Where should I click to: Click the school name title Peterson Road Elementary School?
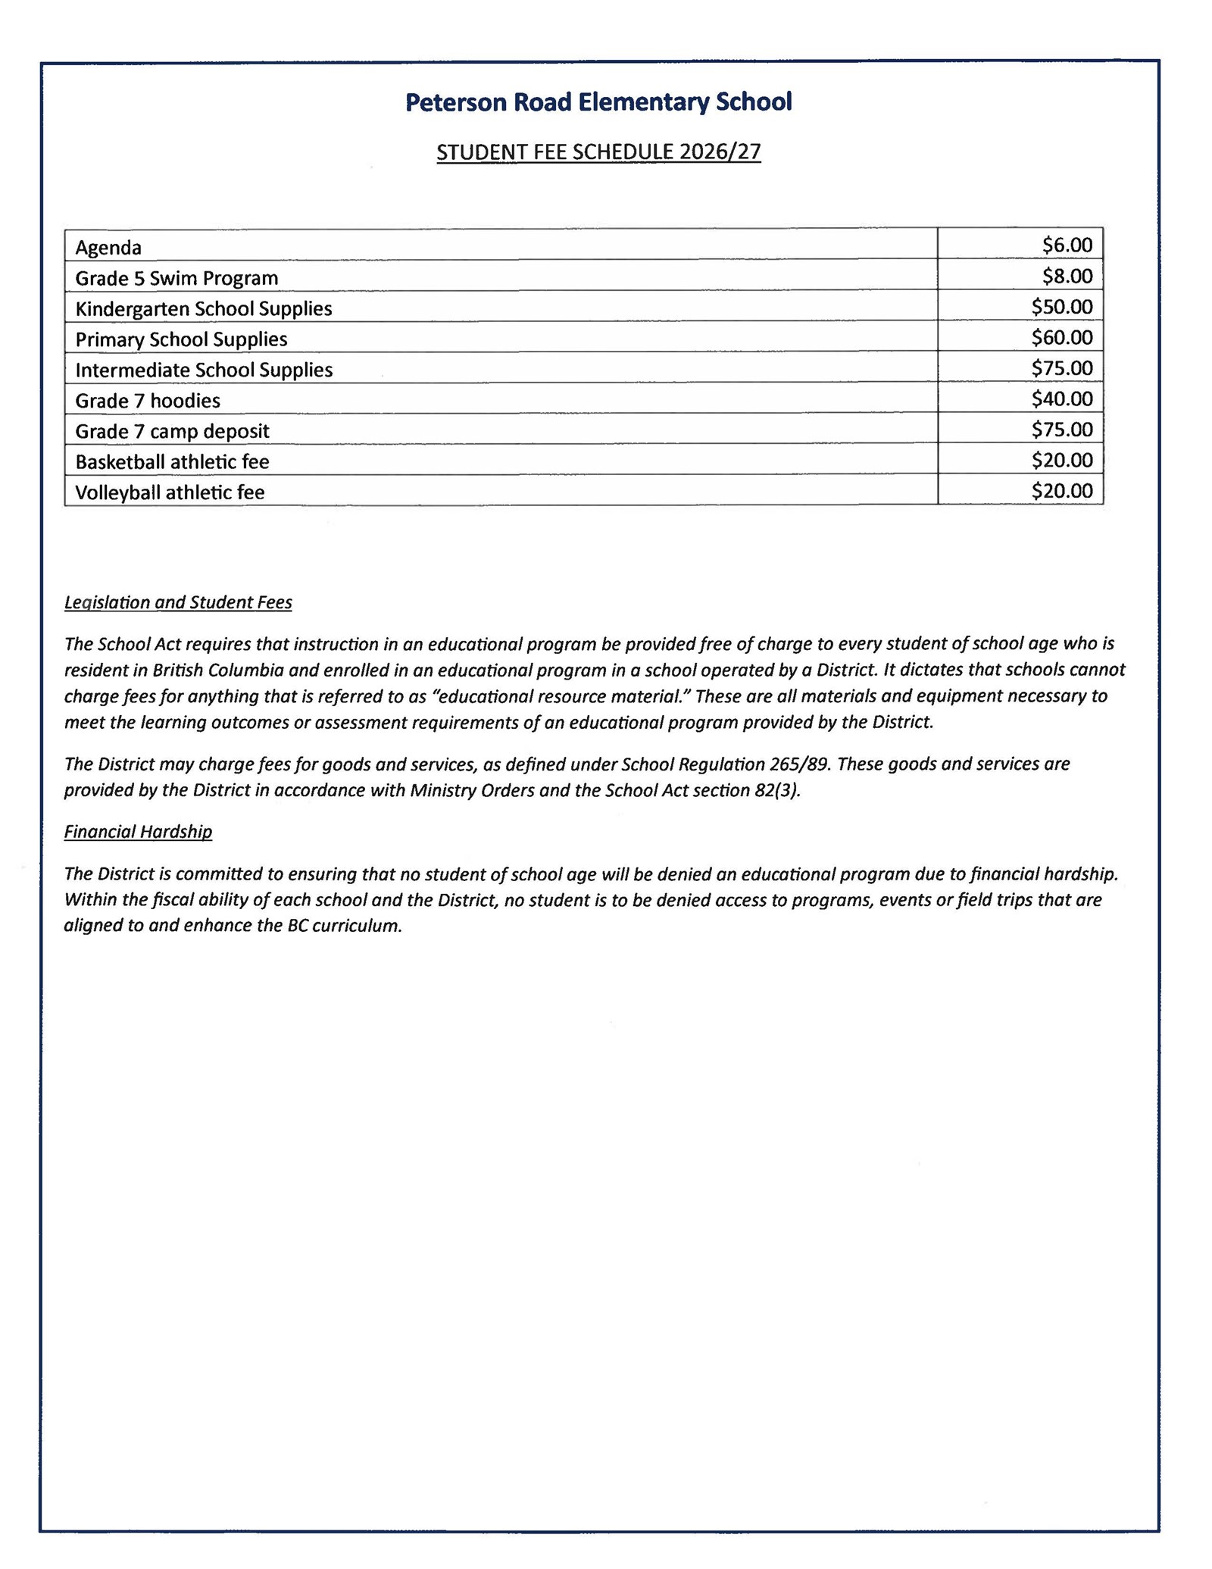coord(598,102)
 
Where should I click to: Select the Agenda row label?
coord(108,248)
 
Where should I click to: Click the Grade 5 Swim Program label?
coord(176,278)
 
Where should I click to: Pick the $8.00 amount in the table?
coord(1067,276)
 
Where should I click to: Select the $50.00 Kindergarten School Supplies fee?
coord(1061,307)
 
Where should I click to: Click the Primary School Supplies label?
coord(181,339)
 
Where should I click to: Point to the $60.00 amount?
coord(1061,337)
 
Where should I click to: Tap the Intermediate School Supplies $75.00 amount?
coord(1061,368)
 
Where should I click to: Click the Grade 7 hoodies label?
coord(148,401)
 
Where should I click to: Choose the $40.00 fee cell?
coord(1061,399)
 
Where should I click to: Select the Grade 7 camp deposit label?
coord(172,431)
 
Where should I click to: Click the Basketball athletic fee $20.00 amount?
coord(1061,460)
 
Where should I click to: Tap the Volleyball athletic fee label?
coord(170,492)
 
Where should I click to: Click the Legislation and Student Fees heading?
coord(178,602)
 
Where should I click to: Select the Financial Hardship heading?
coord(138,832)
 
